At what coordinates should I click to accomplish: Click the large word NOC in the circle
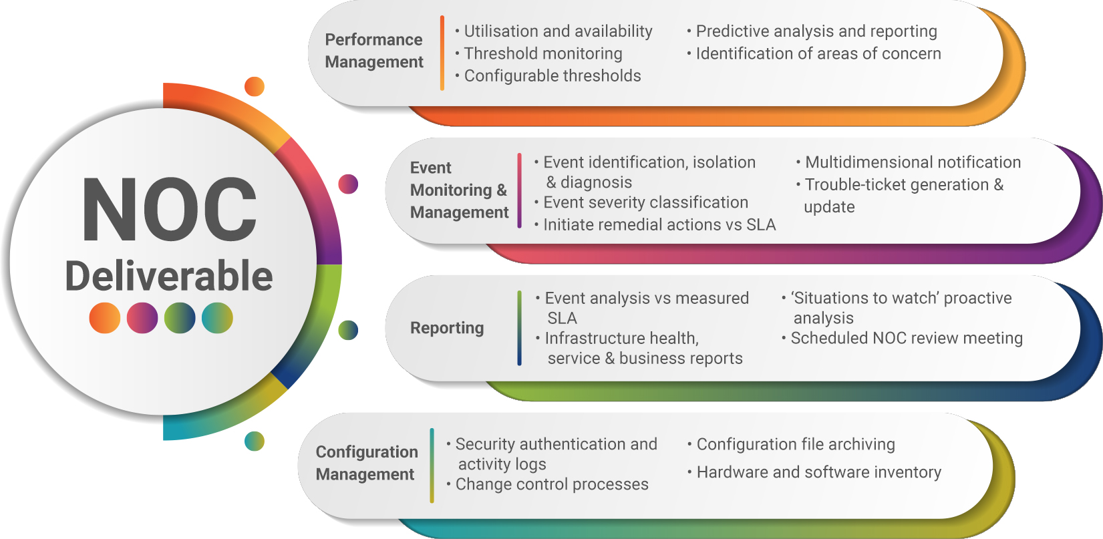coord(170,209)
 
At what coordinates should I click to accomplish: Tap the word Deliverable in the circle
coord(169,276)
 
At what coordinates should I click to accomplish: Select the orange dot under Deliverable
coord(105,318)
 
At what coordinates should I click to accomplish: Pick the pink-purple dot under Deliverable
coord(142,318)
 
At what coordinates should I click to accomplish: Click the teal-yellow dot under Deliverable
coord(217,318)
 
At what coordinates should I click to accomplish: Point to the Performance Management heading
coord(374,51)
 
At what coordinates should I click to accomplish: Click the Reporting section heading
coord(447,328)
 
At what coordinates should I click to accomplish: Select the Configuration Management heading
coord(367,463)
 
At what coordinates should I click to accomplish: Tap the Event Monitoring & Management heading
coord(459,190)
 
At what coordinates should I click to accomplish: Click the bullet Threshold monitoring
coord(543,53)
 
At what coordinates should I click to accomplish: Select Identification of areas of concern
coord(818,53)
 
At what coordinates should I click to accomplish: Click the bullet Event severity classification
coord(645,202)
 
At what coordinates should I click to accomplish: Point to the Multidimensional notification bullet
coord(913,162)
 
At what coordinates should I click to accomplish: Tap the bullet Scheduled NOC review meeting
coord(907,338)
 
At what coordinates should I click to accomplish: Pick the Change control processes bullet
coord(552,484)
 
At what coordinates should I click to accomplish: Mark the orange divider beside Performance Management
coord(442,53)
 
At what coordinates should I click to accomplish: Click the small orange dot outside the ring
coord(255,87)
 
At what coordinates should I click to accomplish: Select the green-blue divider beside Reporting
coord(520,328)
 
